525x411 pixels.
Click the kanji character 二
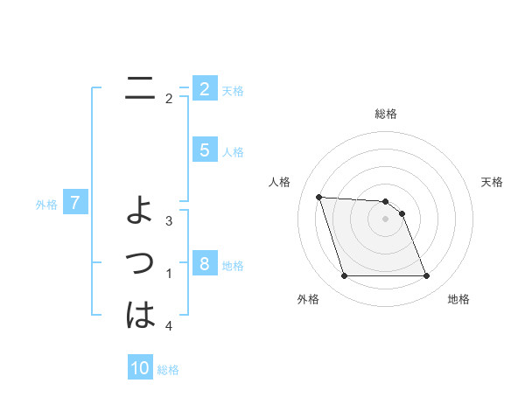[140, 89]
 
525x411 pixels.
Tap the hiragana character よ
[140, 211]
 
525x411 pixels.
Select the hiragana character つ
[140, 262]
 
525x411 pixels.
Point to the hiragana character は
[140, 315]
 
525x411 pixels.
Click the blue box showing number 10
[140, 368]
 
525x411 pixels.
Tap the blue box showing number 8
[204, 264]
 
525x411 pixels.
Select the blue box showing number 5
[204, 150]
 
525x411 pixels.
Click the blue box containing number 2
[204, 89]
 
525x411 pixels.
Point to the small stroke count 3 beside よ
[169, 220]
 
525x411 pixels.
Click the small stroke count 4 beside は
[169, 326]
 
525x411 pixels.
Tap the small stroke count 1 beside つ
[169, 274]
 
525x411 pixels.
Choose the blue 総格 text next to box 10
[168, 370]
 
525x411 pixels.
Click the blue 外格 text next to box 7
[46, 205]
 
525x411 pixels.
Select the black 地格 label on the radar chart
[458, 299]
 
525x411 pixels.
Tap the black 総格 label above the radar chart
[385, 114]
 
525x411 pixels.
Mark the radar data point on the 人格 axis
[318, 197]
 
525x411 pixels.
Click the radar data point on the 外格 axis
[344, 276]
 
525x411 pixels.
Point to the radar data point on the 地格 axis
[426, 276]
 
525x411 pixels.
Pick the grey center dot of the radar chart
[385, 219]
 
